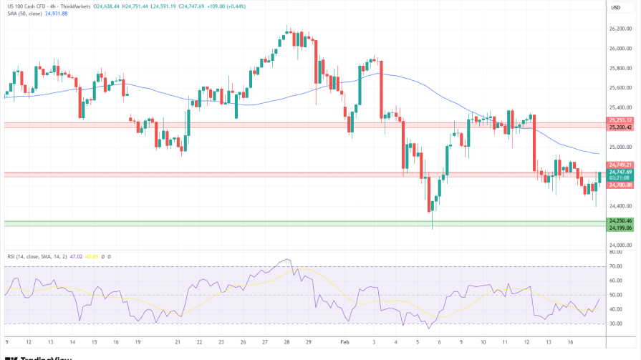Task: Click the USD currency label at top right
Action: (x=615, y=7)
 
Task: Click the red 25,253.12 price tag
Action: (x=620, y=120)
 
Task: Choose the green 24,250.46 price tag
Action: (x=620, y=220)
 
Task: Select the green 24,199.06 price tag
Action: (x=620, y=228)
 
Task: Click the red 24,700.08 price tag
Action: (x=620, y=185)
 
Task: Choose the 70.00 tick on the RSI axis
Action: (x=616, y=266)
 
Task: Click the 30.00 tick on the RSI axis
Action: (x=616, y=323)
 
